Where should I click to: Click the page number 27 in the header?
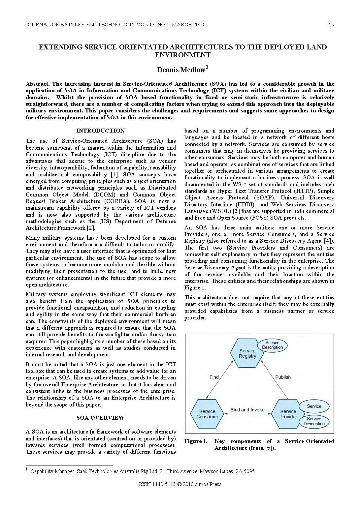tap(331, 25)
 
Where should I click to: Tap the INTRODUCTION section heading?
tap(100, 131)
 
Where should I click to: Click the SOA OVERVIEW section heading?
tap(100, 418)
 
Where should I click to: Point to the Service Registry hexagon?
tap(247, 353)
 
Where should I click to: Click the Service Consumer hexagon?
tap(207, 414)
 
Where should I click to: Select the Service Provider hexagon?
tap(288, 414)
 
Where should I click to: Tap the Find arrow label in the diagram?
tap(214, 377)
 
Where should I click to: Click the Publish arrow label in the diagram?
tap(283, 377)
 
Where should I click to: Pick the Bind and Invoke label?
tap(247, 410)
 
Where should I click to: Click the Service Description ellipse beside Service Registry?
tap(272, 345)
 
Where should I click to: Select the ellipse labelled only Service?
tap(314, 406)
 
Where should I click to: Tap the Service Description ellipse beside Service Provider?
tap(314, 421)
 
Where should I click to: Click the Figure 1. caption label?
tap(196, 441)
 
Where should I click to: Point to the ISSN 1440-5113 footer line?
tap(180, 484)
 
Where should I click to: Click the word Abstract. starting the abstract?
tap(38, 84)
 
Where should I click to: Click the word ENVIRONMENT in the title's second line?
tap(182, 55)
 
